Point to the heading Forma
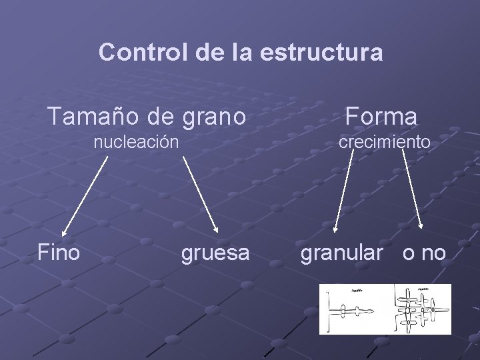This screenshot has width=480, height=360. click(x=381, y=117)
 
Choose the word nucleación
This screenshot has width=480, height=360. click(x=136, y=142)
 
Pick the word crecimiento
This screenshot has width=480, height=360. click(x=384, y=142)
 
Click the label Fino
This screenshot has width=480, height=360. click(x=59, y=253)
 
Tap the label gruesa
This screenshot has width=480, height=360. click(x=215, y=253)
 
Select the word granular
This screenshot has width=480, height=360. click(x=342, y=253)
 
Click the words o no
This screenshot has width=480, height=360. click(x=425, y=253)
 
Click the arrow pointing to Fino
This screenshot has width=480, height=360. click(x=84, y=196)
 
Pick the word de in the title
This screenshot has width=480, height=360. click(x=209, y=52)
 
